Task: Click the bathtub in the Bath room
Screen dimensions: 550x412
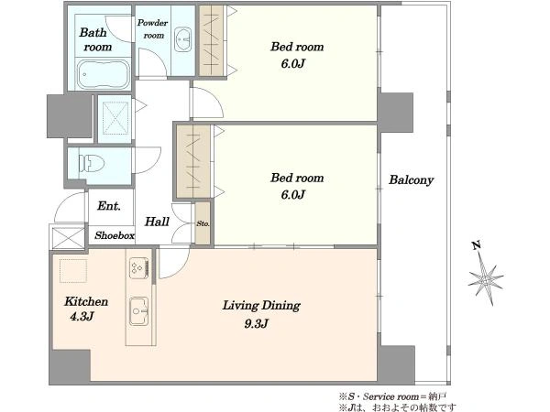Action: pos(103,74)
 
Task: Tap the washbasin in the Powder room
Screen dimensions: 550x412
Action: pos(182,39)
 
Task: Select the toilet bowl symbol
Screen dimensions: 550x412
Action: pos(92,163)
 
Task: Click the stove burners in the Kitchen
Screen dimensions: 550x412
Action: pos(139,268)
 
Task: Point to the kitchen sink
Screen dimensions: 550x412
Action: pos(139,310)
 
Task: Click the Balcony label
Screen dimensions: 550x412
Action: pos(411,179)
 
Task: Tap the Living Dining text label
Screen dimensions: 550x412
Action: pos(261,306)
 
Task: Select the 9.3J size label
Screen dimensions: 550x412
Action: pos(257,323)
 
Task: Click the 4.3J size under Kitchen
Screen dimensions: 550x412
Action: pos(82,317)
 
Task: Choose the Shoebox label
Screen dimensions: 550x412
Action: pos(115,235)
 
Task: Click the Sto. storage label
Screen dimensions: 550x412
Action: pos(203,223)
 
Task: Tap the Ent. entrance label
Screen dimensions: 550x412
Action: pos(109,206)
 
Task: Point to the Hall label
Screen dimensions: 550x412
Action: pos(157,222)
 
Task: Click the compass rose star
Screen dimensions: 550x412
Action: pos(486,279)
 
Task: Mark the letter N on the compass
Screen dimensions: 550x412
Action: pos(476,245)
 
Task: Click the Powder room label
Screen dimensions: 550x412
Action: pos(152,29)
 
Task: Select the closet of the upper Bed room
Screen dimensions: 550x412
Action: pos(211,40)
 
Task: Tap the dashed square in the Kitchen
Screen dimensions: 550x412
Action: pos(73,270)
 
